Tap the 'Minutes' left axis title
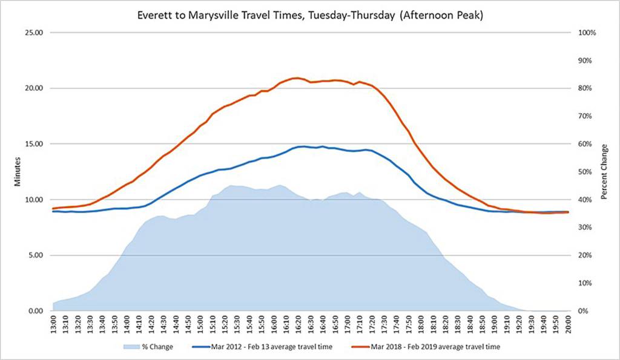[x=18, y=172]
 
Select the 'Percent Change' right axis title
[x=604, y=172]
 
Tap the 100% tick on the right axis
[x=587, y=33]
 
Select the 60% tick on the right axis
[x=585, y=144]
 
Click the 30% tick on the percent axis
[x=585, y=227]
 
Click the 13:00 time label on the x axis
[x=53, y=325]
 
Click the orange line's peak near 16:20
[x=296, y=77]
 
